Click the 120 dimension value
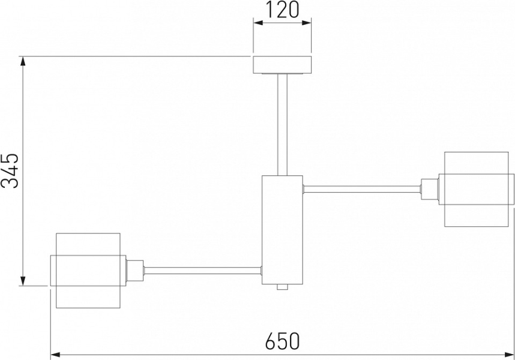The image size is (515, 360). click(x=282, y=9)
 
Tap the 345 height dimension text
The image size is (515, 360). click(x=10, y=170)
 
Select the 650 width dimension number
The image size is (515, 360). click(x=283, y=341)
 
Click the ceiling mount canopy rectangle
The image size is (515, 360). click(x=282, y=65)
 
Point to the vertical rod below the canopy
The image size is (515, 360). click(x=282, y=124)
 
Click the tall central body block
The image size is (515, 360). click(x=282, y=230)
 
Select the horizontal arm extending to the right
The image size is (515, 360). click(x=362, y=189)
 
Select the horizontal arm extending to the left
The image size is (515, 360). click(x=203, y=271)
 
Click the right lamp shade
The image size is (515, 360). click(x=476, y=189)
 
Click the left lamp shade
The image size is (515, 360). click(x=88, y=271)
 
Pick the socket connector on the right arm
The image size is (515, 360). click(x=430, y=189)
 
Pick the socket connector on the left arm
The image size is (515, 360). click(x=134, y=271)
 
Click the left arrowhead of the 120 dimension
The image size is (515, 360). click(x=258, y=23)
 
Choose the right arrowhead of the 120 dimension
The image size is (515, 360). click(x=306, y=23)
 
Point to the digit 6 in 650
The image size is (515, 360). click(x=270, y=341)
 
